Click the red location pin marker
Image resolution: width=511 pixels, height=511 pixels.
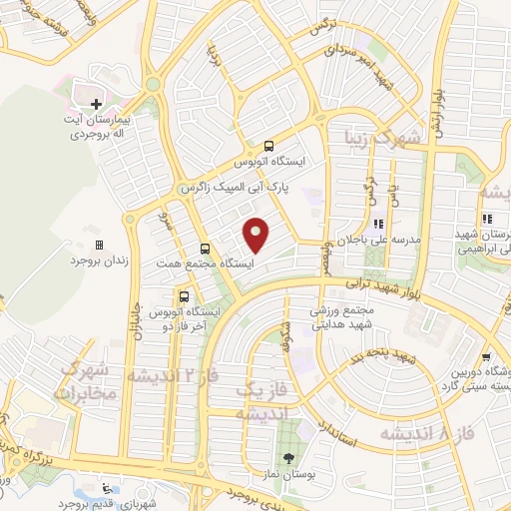click(257, 235)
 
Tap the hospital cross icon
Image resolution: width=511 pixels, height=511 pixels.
click(96, 103)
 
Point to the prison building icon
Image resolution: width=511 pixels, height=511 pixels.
click(98, 244)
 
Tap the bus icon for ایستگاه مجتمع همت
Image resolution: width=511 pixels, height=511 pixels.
click(205, 249)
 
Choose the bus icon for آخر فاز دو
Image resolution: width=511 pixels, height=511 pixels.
click(183, 296)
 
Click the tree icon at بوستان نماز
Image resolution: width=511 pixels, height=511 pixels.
click(288, 460)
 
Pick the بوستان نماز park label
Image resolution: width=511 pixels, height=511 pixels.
click(288, 477)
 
